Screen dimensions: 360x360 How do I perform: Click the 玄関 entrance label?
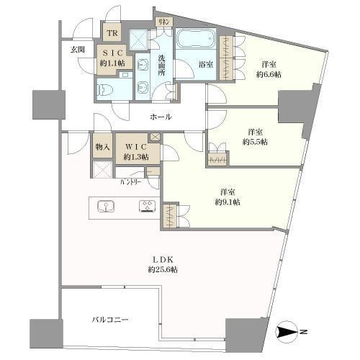(78, 50)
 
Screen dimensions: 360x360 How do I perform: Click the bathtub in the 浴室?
(196, 40)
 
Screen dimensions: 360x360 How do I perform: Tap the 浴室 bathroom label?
(205, 65)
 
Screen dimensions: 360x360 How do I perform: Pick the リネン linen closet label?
(164, 22)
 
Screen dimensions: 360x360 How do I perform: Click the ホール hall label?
(161, 117)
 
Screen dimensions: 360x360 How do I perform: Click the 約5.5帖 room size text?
(254, 141)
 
